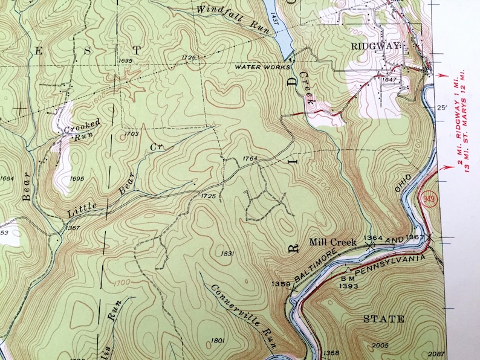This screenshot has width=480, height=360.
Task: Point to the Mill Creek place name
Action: click(x=332, y=243)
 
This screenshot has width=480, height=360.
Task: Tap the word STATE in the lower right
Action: click(x=383, y=319)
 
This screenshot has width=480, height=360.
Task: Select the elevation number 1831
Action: click(x=227, y=253)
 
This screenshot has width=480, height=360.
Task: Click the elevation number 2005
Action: click(x=380, y=345)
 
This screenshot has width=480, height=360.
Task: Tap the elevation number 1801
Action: click(x=219, y=341)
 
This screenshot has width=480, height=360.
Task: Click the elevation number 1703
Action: click(x=131, y=133)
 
